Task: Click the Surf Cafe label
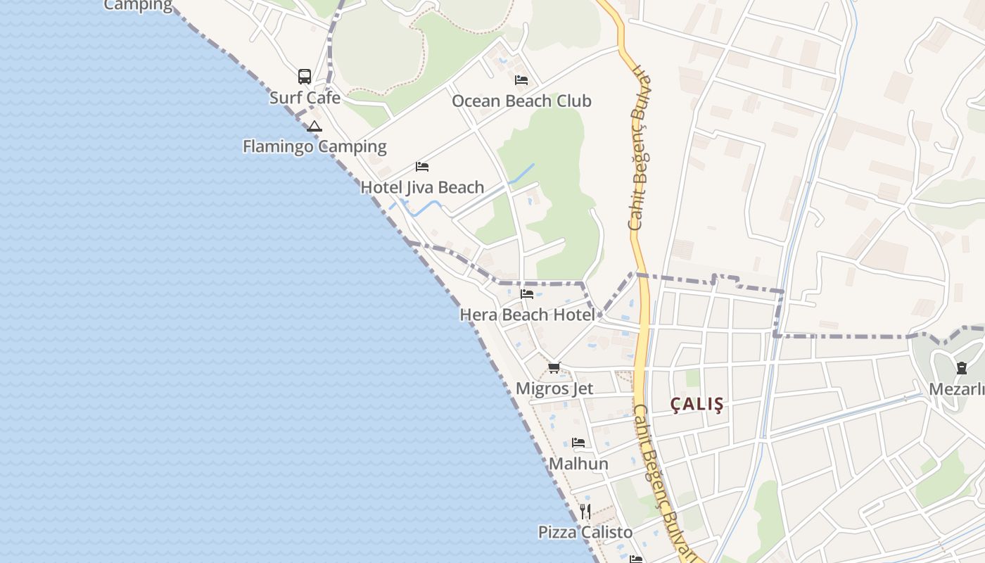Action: click(305, 98)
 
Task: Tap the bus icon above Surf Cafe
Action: click(305, 76)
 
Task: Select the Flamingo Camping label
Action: click(314, 146)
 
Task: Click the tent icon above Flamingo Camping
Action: click(314, 127)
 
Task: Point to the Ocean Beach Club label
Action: click(521, 101)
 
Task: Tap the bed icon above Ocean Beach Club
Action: click(521, 80)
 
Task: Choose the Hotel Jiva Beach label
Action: click(422, 187)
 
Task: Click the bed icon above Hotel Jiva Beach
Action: click(422, 167)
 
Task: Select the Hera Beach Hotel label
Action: click(527, 315)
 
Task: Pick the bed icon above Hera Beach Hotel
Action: click(527, 294)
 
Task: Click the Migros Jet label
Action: click(554, 388)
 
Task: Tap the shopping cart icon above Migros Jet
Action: click(554, 367)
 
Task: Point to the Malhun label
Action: click(578, 464)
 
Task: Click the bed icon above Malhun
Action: click(578, 443)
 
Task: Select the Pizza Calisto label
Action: click(585, 532)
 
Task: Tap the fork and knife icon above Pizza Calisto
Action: click(585, 511)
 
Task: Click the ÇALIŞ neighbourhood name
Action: click(697, 404)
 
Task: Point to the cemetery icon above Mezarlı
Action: click(962, 367)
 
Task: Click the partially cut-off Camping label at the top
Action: click(138, 6)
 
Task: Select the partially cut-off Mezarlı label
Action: click(957, 389)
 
